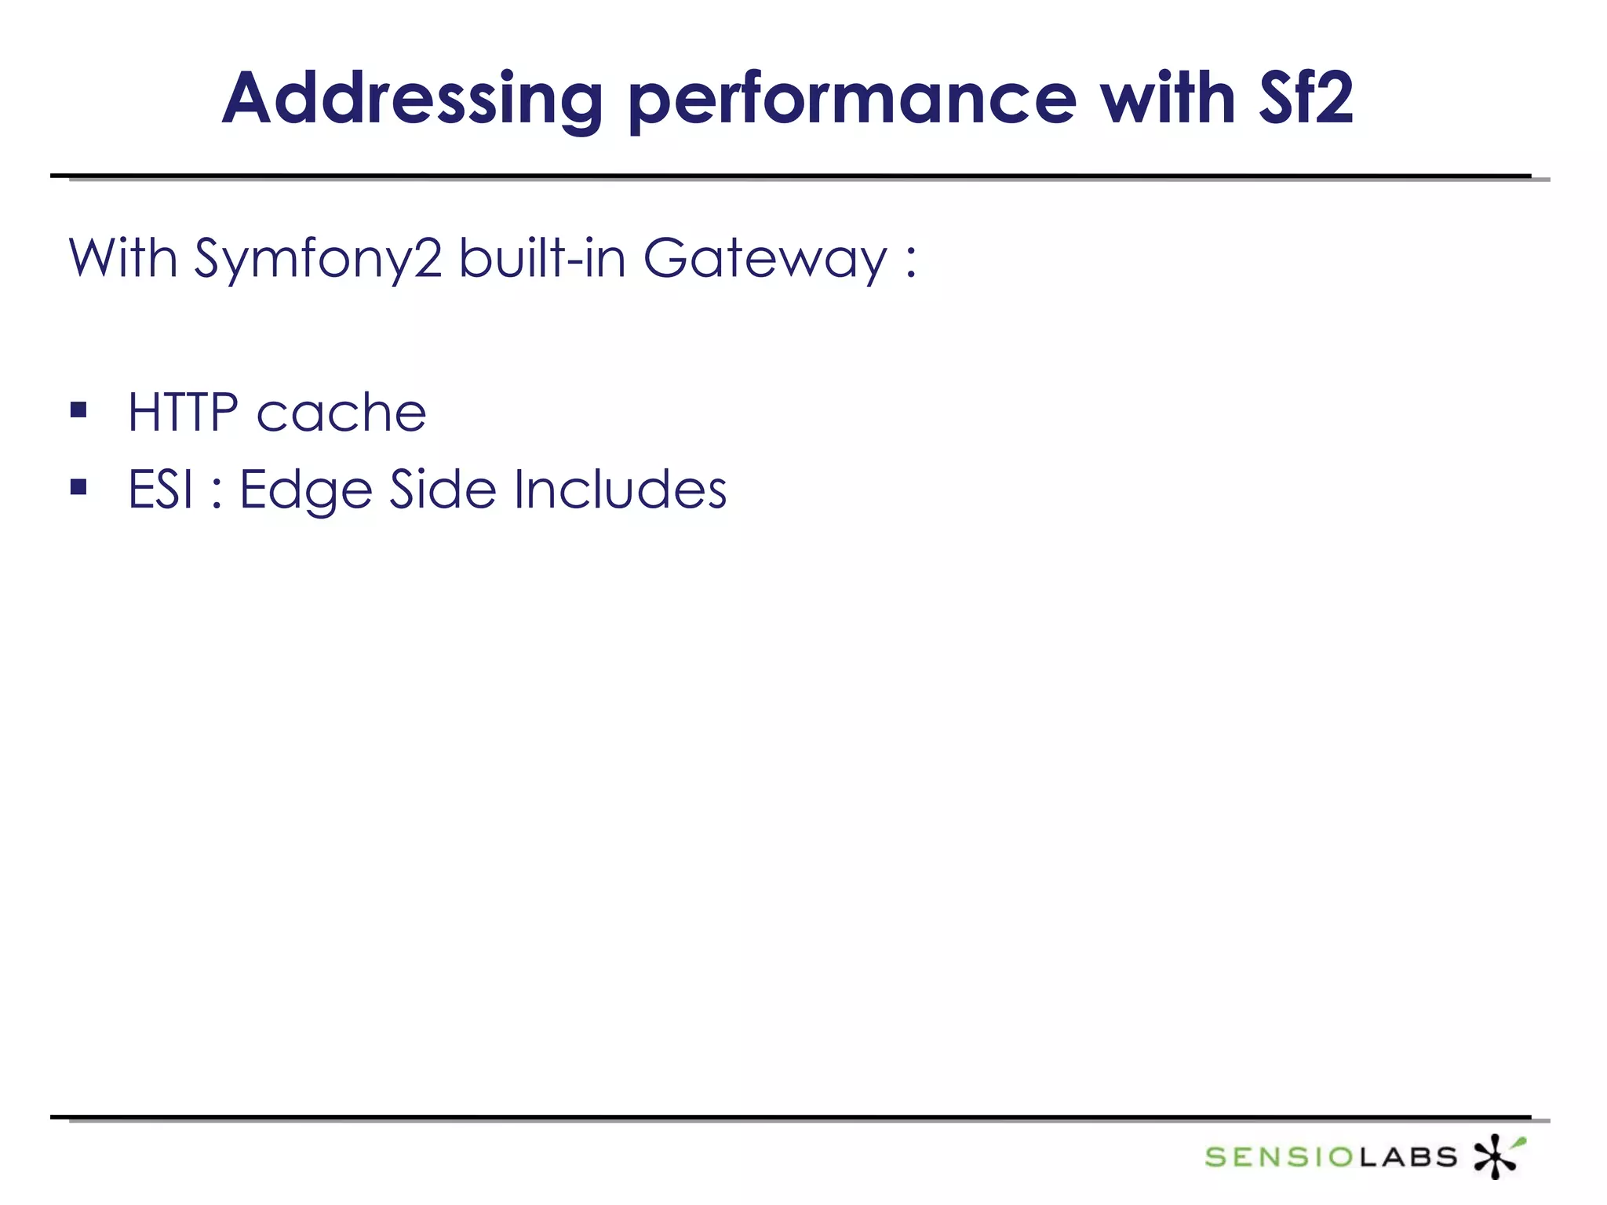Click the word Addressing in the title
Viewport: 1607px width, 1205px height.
(413, 100)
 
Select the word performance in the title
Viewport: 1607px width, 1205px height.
(852, 100)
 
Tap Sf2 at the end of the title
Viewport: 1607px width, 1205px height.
(1306, 99)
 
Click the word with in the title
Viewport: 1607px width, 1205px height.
(1168, 99)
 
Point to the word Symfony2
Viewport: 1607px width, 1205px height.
(318, 259)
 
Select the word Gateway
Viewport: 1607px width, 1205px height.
(765, 259)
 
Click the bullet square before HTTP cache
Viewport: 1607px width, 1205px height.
(78, 410)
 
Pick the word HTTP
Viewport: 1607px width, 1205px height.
(183, 413)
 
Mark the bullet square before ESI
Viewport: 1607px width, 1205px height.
(78, 487)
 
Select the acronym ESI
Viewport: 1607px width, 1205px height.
(160, 490)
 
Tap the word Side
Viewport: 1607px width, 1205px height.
(443, 490)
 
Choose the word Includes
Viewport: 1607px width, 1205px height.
(620, 490)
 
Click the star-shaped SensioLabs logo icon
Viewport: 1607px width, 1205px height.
(1496, 1156)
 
